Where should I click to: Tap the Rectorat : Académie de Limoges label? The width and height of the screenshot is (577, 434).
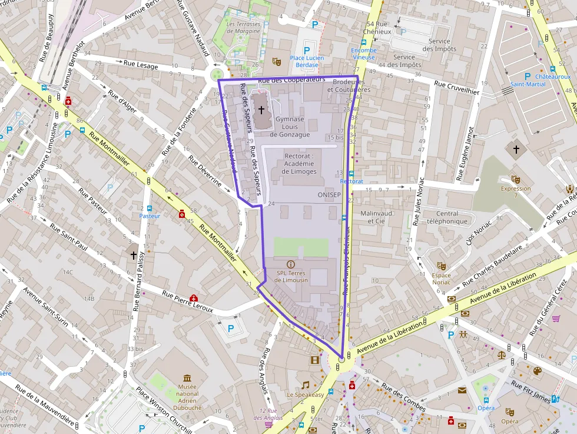pyautogui.click(x=299, y=164)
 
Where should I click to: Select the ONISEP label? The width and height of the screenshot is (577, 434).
pyautogui.click(x=329, y=194)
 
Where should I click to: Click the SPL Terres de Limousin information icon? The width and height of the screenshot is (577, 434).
pyautogui.click(x=290, y=264)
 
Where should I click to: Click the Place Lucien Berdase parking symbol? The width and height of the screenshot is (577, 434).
pyautogui.click(x=306, y=50)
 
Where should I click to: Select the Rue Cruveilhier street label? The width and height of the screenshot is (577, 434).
pyautogui.click(x=457, y=88)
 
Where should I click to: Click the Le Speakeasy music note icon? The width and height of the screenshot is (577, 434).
pyautogui.click(x=305, y=385)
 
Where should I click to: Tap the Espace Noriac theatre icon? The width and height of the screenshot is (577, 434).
pyautogui.click(x=442, y=267)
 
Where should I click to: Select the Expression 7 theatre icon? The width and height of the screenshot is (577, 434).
pyautogui.click(x=516, y=179)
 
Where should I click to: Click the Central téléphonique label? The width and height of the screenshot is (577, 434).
pyautogui.click(x=447, y=217)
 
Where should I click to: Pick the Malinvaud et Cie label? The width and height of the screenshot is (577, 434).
pyautogui.click(x=376, y=217)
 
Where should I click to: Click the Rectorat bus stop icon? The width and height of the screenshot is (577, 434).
pyautogui.click(x=351, y=174)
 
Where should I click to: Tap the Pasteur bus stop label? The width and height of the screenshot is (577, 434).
pyautogui.click(x=150, y=216)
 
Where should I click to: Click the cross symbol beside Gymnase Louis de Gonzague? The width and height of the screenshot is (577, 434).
pyautogui.click(x=261, y=110)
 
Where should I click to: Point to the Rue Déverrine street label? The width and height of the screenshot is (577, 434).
pyautogui.click(x=205, y=172)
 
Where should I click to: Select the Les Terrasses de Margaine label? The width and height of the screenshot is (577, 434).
pyautogui.click(x=243, y=27)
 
